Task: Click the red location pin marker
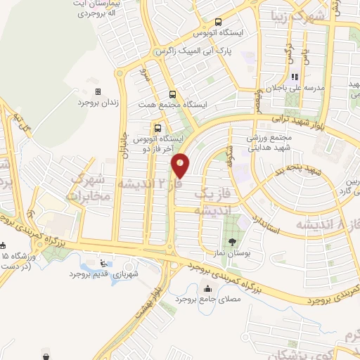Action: click(181, 165)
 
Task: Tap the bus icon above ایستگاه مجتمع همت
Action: click(172, 94)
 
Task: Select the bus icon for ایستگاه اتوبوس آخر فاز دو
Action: click(157, 129)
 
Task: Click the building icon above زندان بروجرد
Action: click(98, 92)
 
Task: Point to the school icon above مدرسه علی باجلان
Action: click(295, 77)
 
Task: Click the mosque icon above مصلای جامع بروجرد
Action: click(207, 288)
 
